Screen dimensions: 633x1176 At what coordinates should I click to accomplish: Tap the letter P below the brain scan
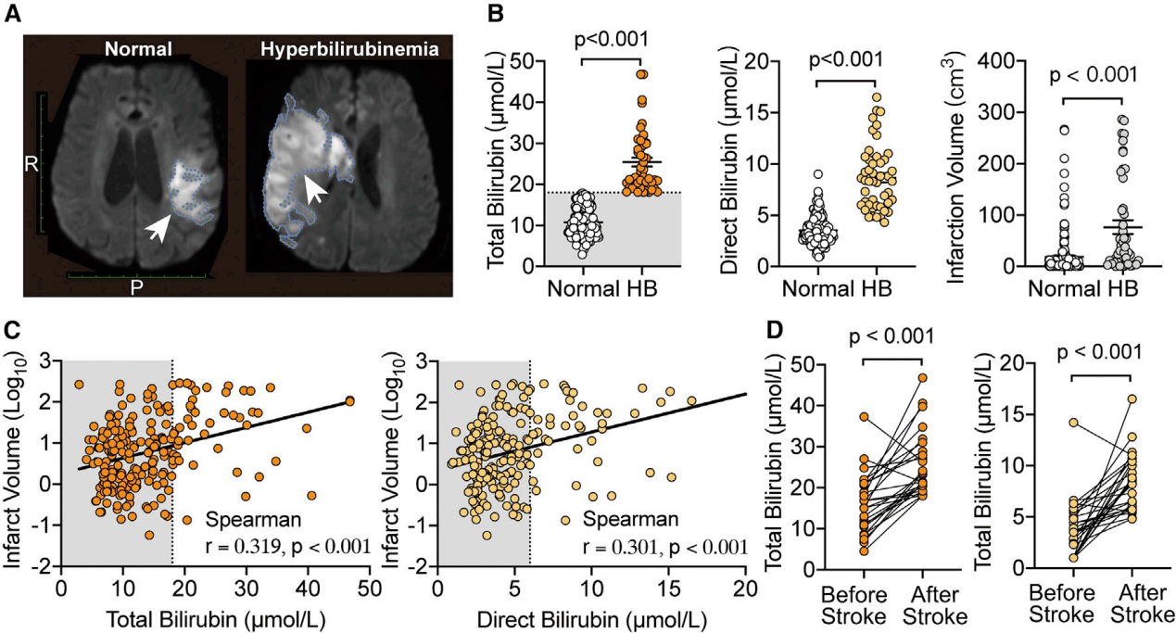pos(136,287)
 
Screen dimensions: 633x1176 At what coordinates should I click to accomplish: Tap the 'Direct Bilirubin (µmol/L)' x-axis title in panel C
pos(590,614)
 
